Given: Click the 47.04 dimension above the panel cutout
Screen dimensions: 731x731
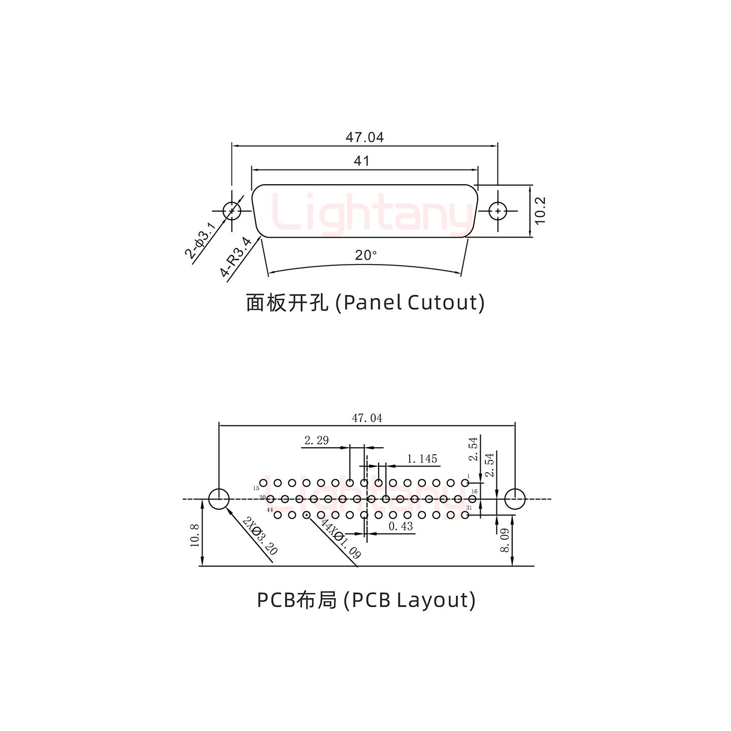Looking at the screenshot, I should click(364, 137).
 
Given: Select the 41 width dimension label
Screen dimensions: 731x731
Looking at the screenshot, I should click(361, 161).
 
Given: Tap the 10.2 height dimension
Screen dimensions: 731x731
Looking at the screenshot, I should click(540, 210).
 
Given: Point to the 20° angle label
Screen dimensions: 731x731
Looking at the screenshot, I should click(366, 255).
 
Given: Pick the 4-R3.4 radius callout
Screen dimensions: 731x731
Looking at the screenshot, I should click(236, 257).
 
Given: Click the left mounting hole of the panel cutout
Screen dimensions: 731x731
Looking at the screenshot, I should click(232, 211).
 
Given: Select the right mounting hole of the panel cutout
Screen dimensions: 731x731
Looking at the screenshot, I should click(497, 211).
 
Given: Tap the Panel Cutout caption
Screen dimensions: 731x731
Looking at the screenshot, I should click(365, 303).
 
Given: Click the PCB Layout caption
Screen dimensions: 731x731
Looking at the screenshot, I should click(366, 600).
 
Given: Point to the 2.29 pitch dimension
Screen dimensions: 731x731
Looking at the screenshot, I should click(316, 440).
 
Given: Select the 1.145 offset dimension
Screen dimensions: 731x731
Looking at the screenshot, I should click(422, 459).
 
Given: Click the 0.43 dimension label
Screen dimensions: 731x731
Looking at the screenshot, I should click(401, 526).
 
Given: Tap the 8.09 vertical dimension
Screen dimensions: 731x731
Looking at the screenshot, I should click(504, 541).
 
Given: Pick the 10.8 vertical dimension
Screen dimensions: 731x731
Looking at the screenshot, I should click(194, 535).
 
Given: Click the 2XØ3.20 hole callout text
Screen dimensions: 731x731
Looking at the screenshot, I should click(260, 536).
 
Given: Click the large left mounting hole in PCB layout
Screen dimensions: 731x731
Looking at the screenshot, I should click(219, 499).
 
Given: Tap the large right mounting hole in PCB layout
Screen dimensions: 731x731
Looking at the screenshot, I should click(514, 499).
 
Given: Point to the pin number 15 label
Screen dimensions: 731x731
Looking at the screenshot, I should click(256, 488).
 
